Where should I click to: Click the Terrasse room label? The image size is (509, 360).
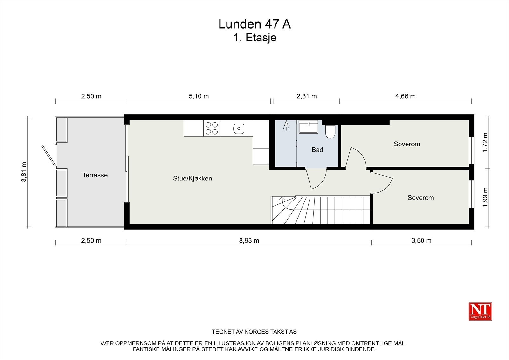click(95, 175)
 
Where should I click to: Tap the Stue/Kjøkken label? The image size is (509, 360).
click(192, 179)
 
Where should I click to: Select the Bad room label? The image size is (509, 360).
click(317, 150)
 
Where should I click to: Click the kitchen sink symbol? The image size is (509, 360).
click(239, 129)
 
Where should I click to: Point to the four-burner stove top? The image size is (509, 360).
click(212, 128)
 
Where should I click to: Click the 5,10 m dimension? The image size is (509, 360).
click(199, 96)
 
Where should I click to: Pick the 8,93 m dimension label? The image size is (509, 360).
click(249, 241)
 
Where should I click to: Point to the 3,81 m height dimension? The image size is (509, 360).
click(24, 172)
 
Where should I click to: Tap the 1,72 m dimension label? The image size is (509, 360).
click(485, 142)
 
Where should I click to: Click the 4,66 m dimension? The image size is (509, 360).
click(405, 96)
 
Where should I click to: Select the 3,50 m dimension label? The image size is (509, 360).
click(421, 241)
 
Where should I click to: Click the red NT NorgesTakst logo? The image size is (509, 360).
click(480, 311)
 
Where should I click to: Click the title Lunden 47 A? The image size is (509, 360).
click(254, 24)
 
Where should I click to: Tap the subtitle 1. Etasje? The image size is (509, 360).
click(254, 38)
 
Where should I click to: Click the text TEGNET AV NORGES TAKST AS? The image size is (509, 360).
click(254, 332)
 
